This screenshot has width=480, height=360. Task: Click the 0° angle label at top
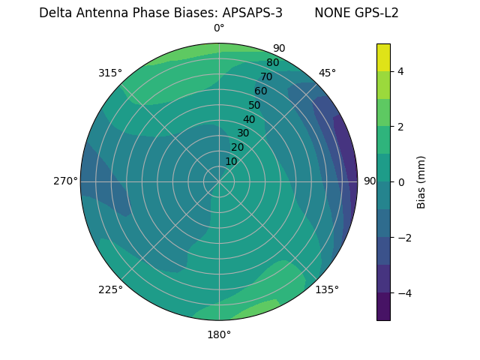pos(219,28)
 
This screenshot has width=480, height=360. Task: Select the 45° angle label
pos(327,73)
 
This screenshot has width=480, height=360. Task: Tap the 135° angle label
pos(327,289)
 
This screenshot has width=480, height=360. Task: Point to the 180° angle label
pos(219,334)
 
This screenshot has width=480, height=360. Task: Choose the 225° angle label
pos(110,289)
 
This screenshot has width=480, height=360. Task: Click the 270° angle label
pos(65,181)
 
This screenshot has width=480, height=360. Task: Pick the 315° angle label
pos(110,73)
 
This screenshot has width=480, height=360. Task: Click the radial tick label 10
pos(231,161)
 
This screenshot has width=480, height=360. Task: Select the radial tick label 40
pos(249,119)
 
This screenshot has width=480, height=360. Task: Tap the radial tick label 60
pos(260,91)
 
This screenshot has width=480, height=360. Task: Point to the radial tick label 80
pos(272,63)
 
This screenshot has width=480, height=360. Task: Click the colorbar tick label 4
pos(400,71)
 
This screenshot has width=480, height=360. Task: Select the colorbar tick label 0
pos(400,181)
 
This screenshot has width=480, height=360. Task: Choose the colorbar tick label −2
pos(403,238)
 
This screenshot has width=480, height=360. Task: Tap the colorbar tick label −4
pos(403,293)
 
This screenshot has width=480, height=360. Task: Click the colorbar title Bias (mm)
pos(421,181)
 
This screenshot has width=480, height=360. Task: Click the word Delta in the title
pos(55,13)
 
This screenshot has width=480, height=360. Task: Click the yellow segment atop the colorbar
pos(383,57)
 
